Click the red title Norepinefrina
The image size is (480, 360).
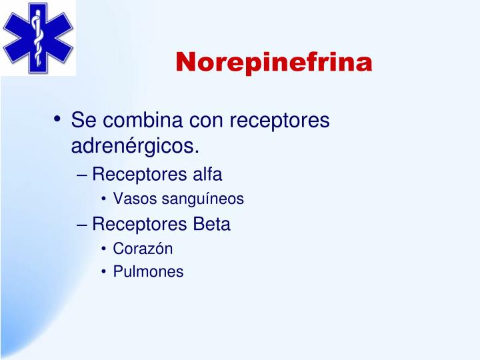click(x=274, y=62)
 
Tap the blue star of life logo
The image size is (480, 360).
click(x=38, y=37)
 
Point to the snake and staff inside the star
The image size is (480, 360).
click(x=38, y=37)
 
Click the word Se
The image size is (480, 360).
click(x=83, y=121)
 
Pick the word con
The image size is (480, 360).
click(x=207, y=121)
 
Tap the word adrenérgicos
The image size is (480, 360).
click(x=135, y=145)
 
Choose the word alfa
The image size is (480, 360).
click(x=207, y=175)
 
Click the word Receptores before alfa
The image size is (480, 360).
click(x=139, y=175)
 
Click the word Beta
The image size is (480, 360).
click(x=211, y=225)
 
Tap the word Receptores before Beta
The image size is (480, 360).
click(x=139, y=225)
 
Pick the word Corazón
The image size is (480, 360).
click(x=143, y=249)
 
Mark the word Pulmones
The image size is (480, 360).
click(x=148, y=272)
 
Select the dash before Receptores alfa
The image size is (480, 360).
click(x=82, y=175)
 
